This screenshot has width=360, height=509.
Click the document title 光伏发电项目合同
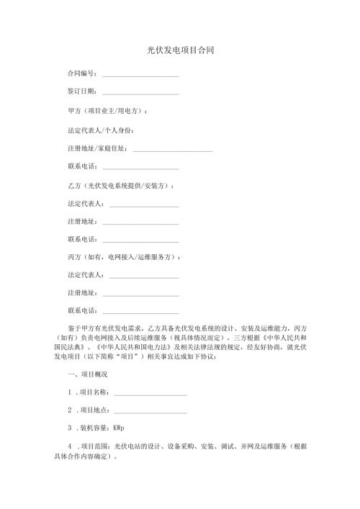point(180,51)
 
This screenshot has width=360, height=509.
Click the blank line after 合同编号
point(140,75)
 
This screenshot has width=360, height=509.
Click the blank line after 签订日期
point(140,93)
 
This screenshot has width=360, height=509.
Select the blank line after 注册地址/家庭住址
point(174,149)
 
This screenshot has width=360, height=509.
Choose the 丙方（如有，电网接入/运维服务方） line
point(122,257)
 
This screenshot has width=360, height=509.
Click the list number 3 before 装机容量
point(69,429)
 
